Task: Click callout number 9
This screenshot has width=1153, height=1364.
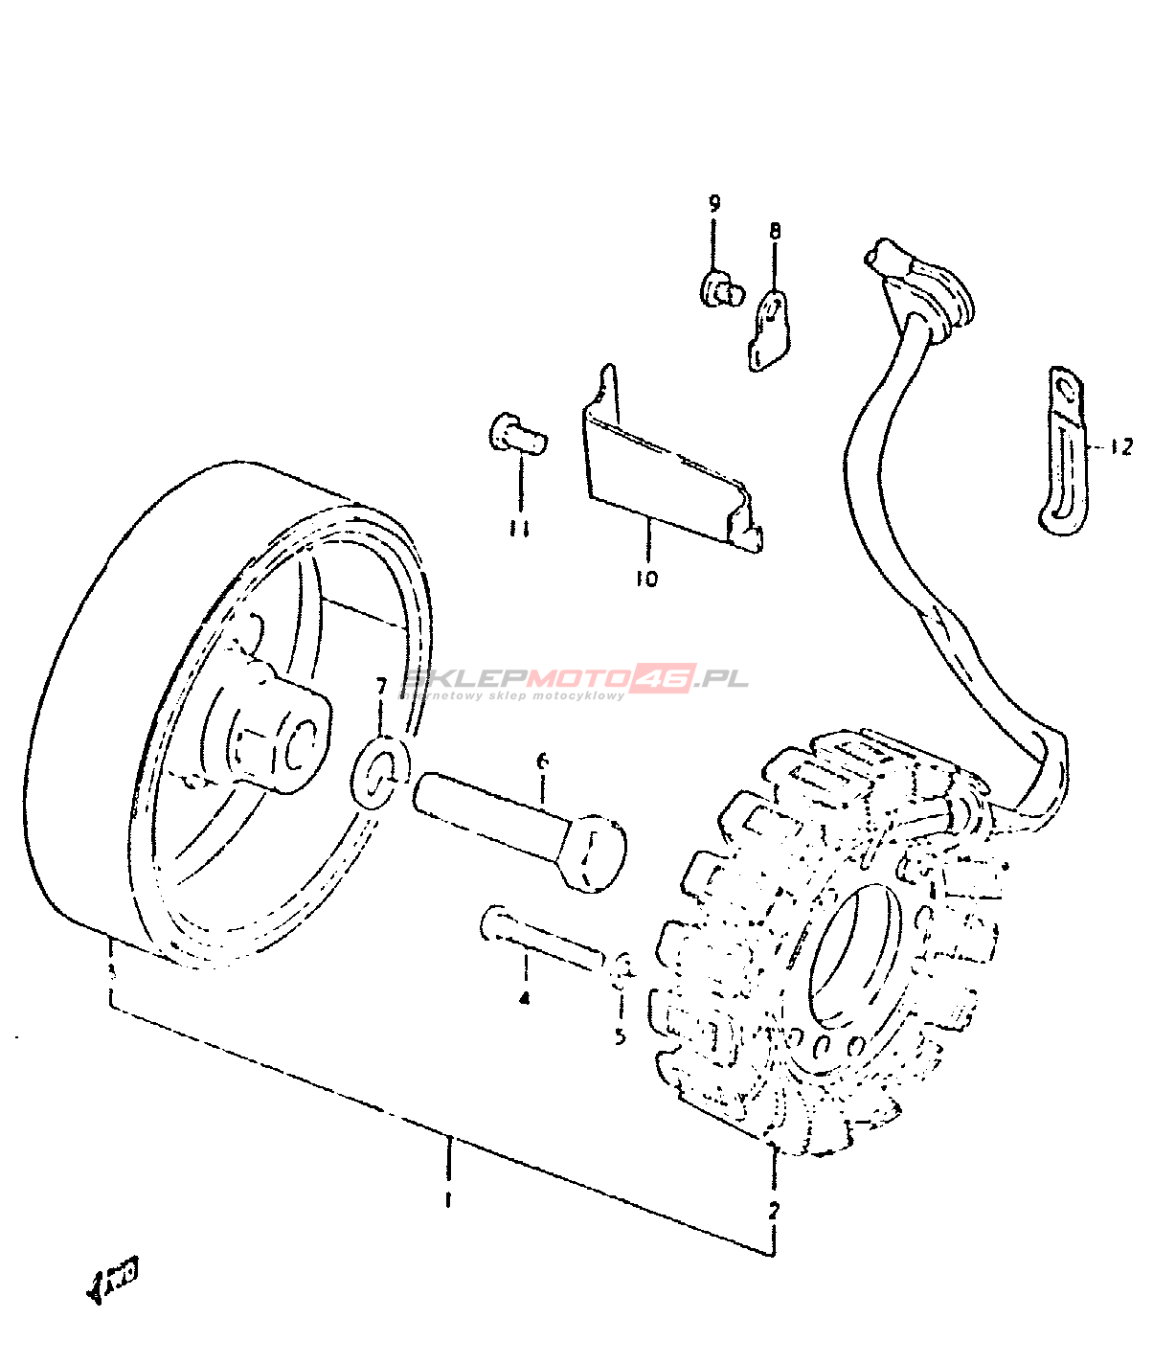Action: [x=714, y=204]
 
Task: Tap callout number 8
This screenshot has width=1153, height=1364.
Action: [x=774, y=231]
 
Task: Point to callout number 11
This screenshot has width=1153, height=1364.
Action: [x=520, y=529]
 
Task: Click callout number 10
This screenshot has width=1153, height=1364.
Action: [x=646, y=579]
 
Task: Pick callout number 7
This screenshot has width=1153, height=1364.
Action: [x=381, y=686]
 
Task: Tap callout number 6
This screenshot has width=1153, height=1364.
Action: [x=542, y=762]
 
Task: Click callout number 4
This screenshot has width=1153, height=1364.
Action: [x=524, y=998]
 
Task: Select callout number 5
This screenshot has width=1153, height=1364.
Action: [x=621, y=1035]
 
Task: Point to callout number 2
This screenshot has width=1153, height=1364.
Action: [x=774, y=1209]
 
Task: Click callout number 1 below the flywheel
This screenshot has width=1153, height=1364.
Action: [x=447, y=1199]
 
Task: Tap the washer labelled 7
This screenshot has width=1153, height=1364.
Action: [x=382, y=771]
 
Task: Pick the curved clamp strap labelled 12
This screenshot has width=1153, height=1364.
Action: [x=1063, y=450]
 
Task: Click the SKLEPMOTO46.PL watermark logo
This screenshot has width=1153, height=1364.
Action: [x=575, y=681]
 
